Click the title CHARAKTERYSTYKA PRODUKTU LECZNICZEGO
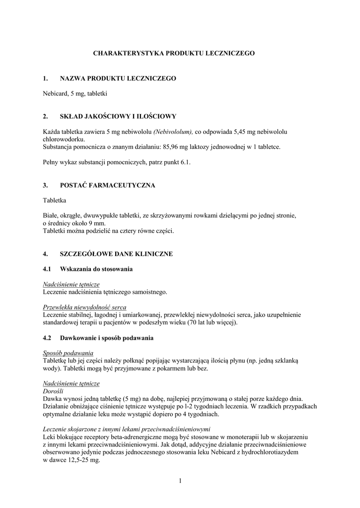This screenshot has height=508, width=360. (174, 53)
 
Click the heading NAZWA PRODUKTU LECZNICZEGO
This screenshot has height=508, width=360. (118, 78)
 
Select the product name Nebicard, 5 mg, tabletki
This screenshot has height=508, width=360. (75, 93)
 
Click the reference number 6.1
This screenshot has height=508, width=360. (186, 162)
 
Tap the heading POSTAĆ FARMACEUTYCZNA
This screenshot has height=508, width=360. (107, 186)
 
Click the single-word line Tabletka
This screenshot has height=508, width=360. (55, 200)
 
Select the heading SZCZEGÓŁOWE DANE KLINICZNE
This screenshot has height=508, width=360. (116, 254)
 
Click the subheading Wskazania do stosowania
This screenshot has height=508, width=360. (96, 269)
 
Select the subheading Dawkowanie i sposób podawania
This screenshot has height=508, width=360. (106, 338)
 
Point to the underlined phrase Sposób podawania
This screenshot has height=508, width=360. (68, 353)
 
